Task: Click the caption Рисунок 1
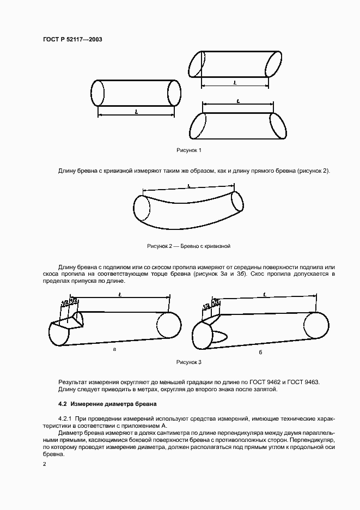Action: [189, 150]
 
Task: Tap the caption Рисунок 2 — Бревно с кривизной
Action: [188, 246]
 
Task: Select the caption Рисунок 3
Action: [189, 362]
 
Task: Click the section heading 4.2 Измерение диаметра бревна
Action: [107, 404]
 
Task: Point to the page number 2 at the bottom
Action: [45, 464]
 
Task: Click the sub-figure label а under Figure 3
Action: [114, 349]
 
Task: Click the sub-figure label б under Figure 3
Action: [260, 353]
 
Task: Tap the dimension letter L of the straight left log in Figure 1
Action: [136, 111]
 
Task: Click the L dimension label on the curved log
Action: [188, 186]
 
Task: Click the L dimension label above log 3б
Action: [264, 294]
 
